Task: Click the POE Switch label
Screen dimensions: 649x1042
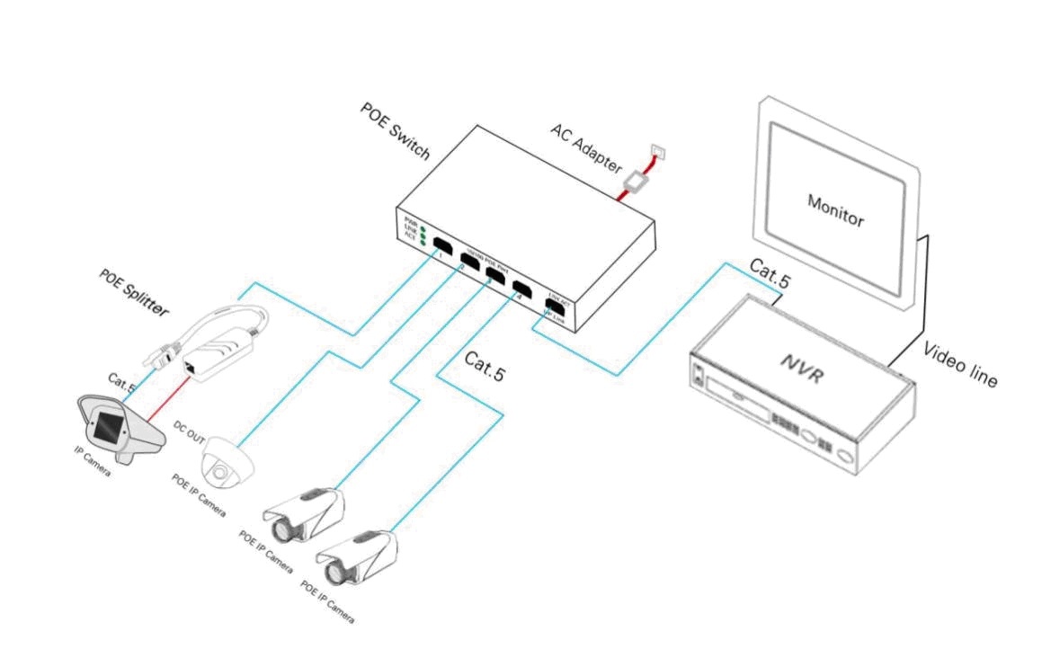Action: [x=395, y=130]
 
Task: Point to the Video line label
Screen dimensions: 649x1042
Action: [x=960, y=365]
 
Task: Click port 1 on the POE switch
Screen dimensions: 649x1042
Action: [x=442, y=245]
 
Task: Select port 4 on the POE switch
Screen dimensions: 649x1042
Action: [x=521, y=289]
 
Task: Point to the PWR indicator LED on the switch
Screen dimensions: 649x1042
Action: [x=423, y=222]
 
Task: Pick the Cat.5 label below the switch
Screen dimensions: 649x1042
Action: [x=485, y=365]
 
